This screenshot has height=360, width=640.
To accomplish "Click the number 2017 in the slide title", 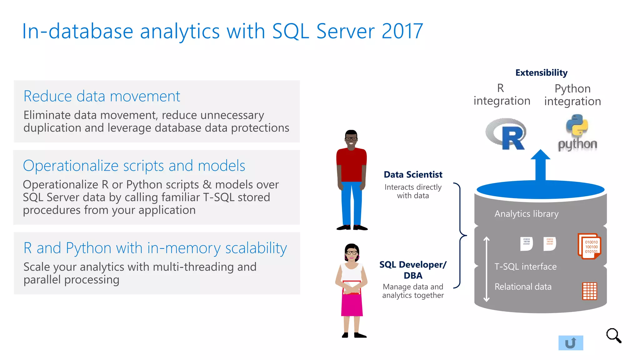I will tap(402, 31).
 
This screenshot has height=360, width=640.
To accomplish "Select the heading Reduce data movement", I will tap(102, 96).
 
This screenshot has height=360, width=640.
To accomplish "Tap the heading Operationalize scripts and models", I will tap(134, 166).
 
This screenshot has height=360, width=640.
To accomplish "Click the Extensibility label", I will tap(541, 73).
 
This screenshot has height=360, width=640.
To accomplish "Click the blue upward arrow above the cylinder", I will tap(540, 166).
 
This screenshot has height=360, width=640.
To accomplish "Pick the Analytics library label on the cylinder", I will tap(526, 214).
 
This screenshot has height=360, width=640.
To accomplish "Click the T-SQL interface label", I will tap(525, 267).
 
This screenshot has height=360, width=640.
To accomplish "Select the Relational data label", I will tap(523, 287).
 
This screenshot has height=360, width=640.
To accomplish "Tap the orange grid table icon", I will tap(589, 291).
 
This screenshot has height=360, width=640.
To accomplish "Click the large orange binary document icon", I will tap(589, 246).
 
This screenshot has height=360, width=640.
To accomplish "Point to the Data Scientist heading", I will tap(413, 175).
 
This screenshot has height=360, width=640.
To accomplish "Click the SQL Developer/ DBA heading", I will tap(413, 270).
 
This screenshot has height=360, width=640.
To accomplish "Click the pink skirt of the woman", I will tap(352, 305).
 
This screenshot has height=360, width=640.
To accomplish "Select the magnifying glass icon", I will tap(613, 336).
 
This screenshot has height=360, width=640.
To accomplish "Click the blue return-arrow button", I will tap(571, 343).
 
